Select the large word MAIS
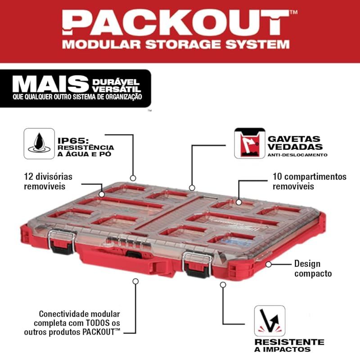pyautogui.click(x=51, y=85)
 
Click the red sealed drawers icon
pyautogui.click(x=250, y=143)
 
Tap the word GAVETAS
pyautogui.click(x=294, y=139)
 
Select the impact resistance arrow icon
pyautogui.click(x=270, y=321)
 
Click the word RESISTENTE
pyautogui.click(x=289, y=342)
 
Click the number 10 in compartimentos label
pyautogui.click(x=277, y=177)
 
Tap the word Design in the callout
pyautogui.click(x=307, y=264)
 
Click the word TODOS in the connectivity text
pyautogui.click(x=98, y=323)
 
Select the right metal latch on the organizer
pyautogui.click(x=197, y=265)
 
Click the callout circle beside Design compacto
pyautogui.click(x=268, y=264)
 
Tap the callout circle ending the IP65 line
pyautogui.click(x=133, y=178)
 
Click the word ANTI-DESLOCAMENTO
pyautogui.click(x=297, y=155)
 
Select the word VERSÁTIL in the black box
pyautogui.click(x=116, y=89)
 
